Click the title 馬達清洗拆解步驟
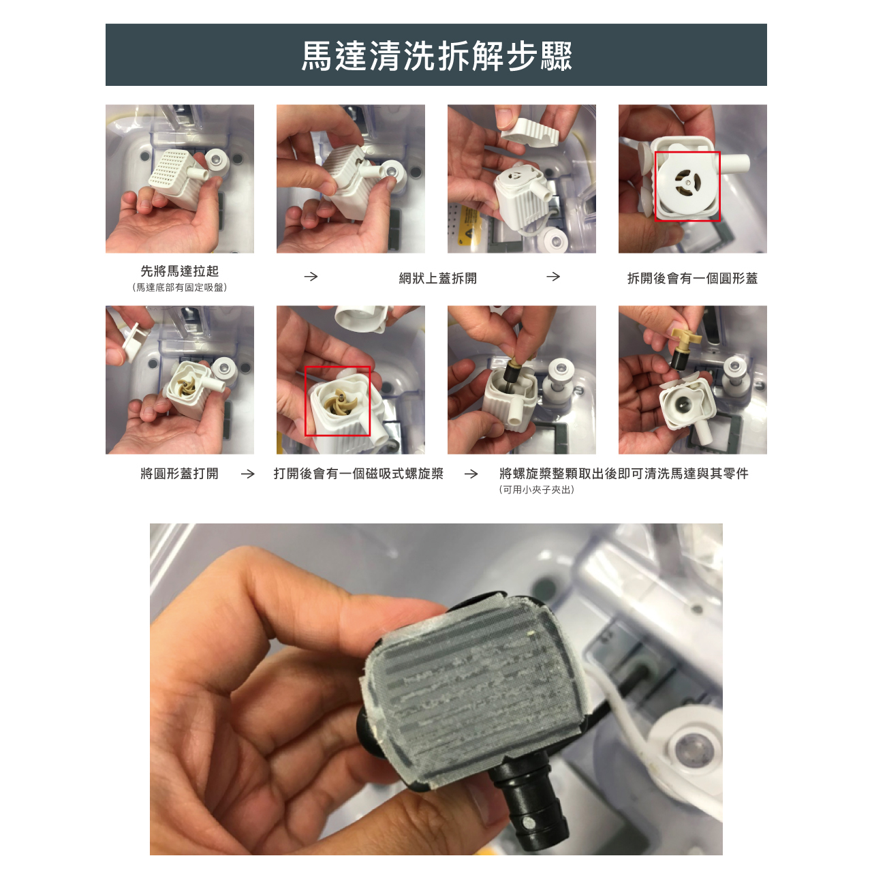tap(436, 56)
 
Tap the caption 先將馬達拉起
tap(179, 271)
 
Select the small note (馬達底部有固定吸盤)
tap(179, 288)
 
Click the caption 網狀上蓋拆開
tap(437, 278)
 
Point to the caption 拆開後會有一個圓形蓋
tap(692, 278)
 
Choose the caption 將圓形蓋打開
tap(179, 473)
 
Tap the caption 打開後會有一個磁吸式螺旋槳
tap(358, 473)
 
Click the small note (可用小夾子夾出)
tap(536, 489)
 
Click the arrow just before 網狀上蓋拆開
tap(311, 277)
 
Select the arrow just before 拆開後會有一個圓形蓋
tap(553, 277)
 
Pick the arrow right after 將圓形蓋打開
tap(248, 474)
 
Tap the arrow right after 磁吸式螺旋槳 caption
tap(471, 474)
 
